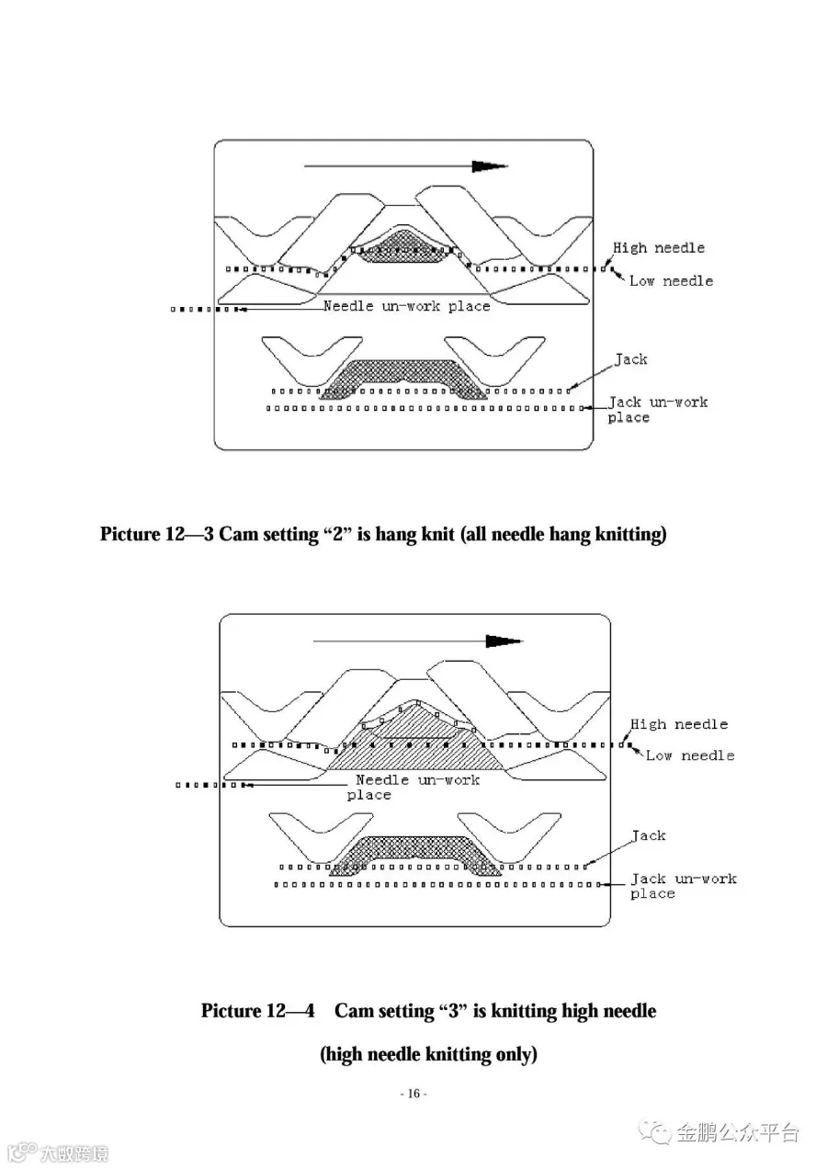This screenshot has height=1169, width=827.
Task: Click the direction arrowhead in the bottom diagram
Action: click(x=503, y=641)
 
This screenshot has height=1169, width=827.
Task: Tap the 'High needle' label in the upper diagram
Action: click(x=659, y=247)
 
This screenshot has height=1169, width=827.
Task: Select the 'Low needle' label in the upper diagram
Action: click(x=671, y=280)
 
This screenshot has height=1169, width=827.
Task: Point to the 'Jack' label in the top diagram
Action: click(x=630, y=359)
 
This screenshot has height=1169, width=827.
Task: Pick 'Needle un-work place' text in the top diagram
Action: click(x=406, y=306)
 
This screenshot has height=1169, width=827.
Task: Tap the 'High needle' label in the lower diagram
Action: click(x=679, y=724)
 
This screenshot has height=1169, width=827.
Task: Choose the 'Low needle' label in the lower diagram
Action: click(x=690, y=755)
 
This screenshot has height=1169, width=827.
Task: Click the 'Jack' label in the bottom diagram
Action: click(x=649, y=835)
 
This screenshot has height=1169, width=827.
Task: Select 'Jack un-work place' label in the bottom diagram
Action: click(x=682, y=886)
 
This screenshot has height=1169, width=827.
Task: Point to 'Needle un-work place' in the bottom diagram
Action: click(x=417, y=787)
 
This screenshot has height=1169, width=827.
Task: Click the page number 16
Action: click(x=413, y=1094)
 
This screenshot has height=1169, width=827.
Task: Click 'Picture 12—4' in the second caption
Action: click(x=258, y=1011)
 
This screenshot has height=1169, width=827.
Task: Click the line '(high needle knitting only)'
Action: click(x=428, y=1054)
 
